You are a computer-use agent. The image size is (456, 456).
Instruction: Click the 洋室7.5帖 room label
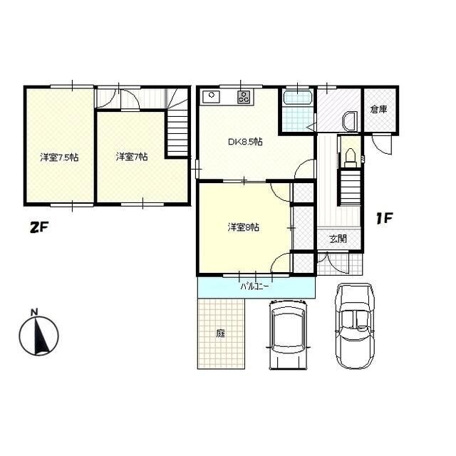[x=59, y=157]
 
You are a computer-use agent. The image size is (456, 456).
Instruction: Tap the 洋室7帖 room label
[x=132, y=157]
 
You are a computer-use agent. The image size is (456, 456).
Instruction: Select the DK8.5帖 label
[x=245, y=142]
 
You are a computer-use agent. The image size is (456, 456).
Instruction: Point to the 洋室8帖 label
[x=244, y=227]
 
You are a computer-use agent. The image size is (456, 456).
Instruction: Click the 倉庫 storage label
[x=378, y=109]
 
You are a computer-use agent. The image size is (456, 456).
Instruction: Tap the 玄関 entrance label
[x=338, y=239]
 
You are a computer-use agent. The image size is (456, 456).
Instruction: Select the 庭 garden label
[x=221, y=333]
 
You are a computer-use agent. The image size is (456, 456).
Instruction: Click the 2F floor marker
[x=38, y=227]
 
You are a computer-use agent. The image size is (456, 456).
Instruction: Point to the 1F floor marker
[x=384, y=218]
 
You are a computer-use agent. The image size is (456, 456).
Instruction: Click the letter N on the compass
[x=35, y=313]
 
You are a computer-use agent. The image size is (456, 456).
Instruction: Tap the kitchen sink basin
[x=211, y=97]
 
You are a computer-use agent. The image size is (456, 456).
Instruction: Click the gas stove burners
[x=244, y=97]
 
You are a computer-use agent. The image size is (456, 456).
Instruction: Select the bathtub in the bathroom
[x=298, y=98]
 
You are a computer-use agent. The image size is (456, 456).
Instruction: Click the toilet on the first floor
[x=351, y=158]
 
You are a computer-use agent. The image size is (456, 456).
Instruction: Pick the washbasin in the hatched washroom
[x=348, y=122]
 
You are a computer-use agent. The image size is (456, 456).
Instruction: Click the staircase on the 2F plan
[x=177, y=133]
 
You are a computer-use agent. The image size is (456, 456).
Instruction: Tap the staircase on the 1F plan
[x=350, y=187]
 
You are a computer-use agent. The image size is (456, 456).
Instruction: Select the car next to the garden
[x=289, y=335]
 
